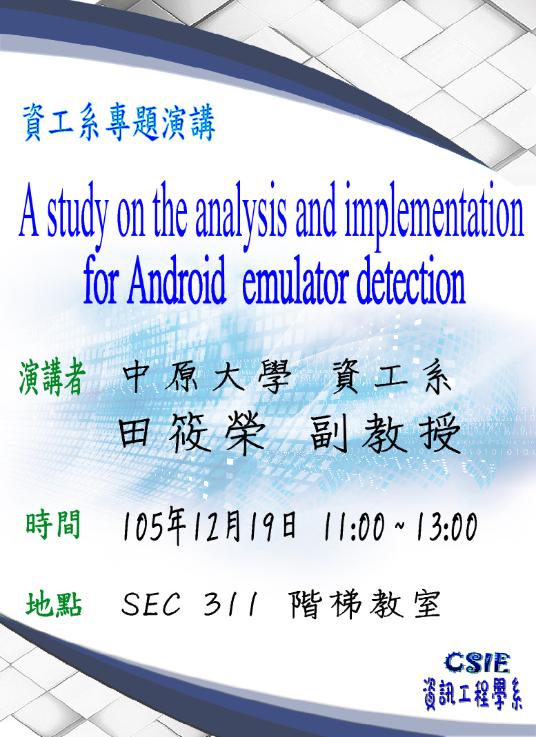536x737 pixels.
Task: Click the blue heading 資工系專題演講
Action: [119, 123]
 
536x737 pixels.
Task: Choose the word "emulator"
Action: [295, 281]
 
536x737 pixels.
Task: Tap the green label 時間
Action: [53, 525]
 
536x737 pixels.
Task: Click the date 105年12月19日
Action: [210, 527]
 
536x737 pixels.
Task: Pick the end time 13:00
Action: [446, 527]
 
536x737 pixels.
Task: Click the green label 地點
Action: [54, 604]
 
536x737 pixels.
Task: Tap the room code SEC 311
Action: [190, 604]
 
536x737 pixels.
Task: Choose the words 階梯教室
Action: [365, 604]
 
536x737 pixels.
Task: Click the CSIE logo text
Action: [477, 663]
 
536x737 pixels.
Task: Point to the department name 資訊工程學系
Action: [472, 694]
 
